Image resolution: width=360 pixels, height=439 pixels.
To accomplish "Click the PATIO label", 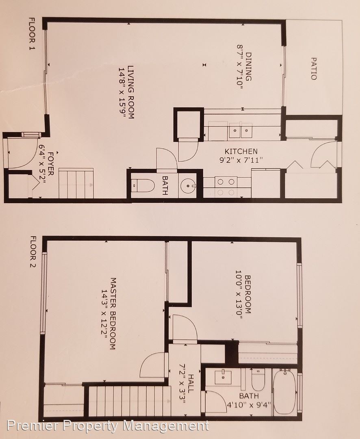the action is (314, 69).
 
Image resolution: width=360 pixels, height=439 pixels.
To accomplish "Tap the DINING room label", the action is (248, 67).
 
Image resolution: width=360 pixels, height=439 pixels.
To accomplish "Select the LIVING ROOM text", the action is (131, 92).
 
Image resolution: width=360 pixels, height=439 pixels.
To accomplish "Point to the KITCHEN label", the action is (241, 152).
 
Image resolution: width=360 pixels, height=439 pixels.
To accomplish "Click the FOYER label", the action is (51, 164).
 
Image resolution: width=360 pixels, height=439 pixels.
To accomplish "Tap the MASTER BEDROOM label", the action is (113, 313).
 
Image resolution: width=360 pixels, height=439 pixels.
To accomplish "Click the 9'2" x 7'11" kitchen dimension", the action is (241, 161).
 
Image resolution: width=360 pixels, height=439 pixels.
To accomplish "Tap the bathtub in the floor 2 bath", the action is (284, 392).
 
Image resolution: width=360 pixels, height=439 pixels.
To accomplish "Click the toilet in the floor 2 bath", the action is (258, 380).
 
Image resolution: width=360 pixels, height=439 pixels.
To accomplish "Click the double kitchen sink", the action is (241, 130).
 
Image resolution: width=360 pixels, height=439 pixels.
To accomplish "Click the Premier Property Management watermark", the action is (108, 426).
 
